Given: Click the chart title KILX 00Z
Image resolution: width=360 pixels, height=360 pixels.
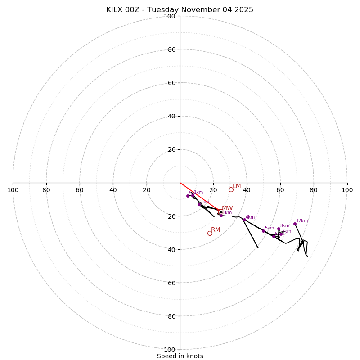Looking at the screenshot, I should click(180, 10).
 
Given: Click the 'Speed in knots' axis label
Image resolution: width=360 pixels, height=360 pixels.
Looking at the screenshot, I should click(180, 356).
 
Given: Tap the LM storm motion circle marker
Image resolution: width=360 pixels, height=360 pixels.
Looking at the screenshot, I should click(231, 189).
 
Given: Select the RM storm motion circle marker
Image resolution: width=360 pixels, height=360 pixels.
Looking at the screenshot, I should click(210, 233).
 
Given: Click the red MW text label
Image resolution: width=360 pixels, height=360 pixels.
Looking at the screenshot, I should click(227, 208).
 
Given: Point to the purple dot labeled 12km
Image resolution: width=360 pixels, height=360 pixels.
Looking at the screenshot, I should click(295, 224).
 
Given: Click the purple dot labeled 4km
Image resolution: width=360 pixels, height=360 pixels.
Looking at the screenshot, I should click(244, 220).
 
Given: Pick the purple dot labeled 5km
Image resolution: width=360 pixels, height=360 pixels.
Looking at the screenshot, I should click(263, 231).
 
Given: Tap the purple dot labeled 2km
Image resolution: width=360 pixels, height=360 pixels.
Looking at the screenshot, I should click(199, 204).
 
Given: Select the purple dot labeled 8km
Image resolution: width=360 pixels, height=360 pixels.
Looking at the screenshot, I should click(279, 229).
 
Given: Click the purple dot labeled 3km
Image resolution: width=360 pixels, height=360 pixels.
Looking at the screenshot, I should click(221, 216).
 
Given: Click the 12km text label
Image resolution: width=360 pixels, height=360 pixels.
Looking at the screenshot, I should click(302, 220).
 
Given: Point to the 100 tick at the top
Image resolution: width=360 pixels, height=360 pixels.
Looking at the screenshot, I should click(170, 16).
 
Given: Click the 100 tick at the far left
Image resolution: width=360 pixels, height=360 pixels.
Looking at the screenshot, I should click(13, 190).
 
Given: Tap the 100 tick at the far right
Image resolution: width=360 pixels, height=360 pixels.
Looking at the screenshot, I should click(347, 190).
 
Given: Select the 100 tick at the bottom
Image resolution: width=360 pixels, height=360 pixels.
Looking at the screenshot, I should click(170, 350).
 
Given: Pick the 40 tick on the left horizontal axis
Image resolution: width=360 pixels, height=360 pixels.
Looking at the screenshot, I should click(113, 190).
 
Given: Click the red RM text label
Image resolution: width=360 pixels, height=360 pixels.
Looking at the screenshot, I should click(216, 230).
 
